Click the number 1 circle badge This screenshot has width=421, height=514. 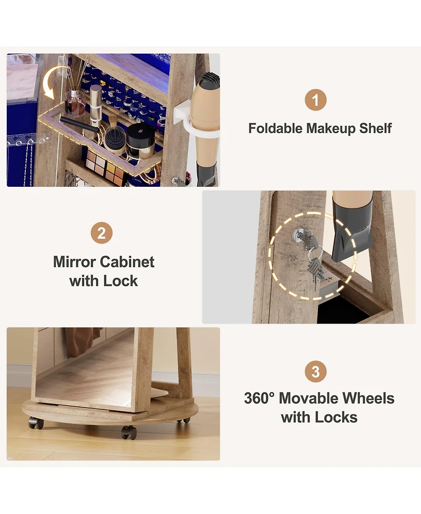point(316,100)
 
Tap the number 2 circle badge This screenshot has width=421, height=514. point(102,233)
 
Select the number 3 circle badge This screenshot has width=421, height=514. point(315,372)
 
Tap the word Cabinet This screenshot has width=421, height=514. point(127,262)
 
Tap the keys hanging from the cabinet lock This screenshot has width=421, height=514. point(315,268)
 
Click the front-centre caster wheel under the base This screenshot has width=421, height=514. point(128,432)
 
